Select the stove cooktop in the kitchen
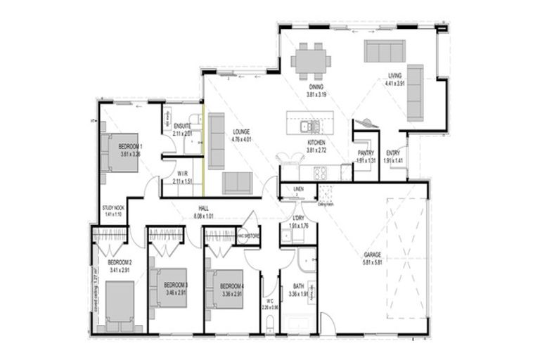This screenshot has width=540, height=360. click(321, 172)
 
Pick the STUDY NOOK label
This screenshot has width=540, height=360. click(113, 208)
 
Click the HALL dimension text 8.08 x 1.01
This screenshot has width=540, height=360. click(204, 216)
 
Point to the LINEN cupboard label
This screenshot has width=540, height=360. click(298, 189)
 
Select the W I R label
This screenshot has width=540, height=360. click(182, 174)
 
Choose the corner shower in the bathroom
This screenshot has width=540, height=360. click(305, 259)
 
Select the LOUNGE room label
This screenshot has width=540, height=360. click(240, 132)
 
